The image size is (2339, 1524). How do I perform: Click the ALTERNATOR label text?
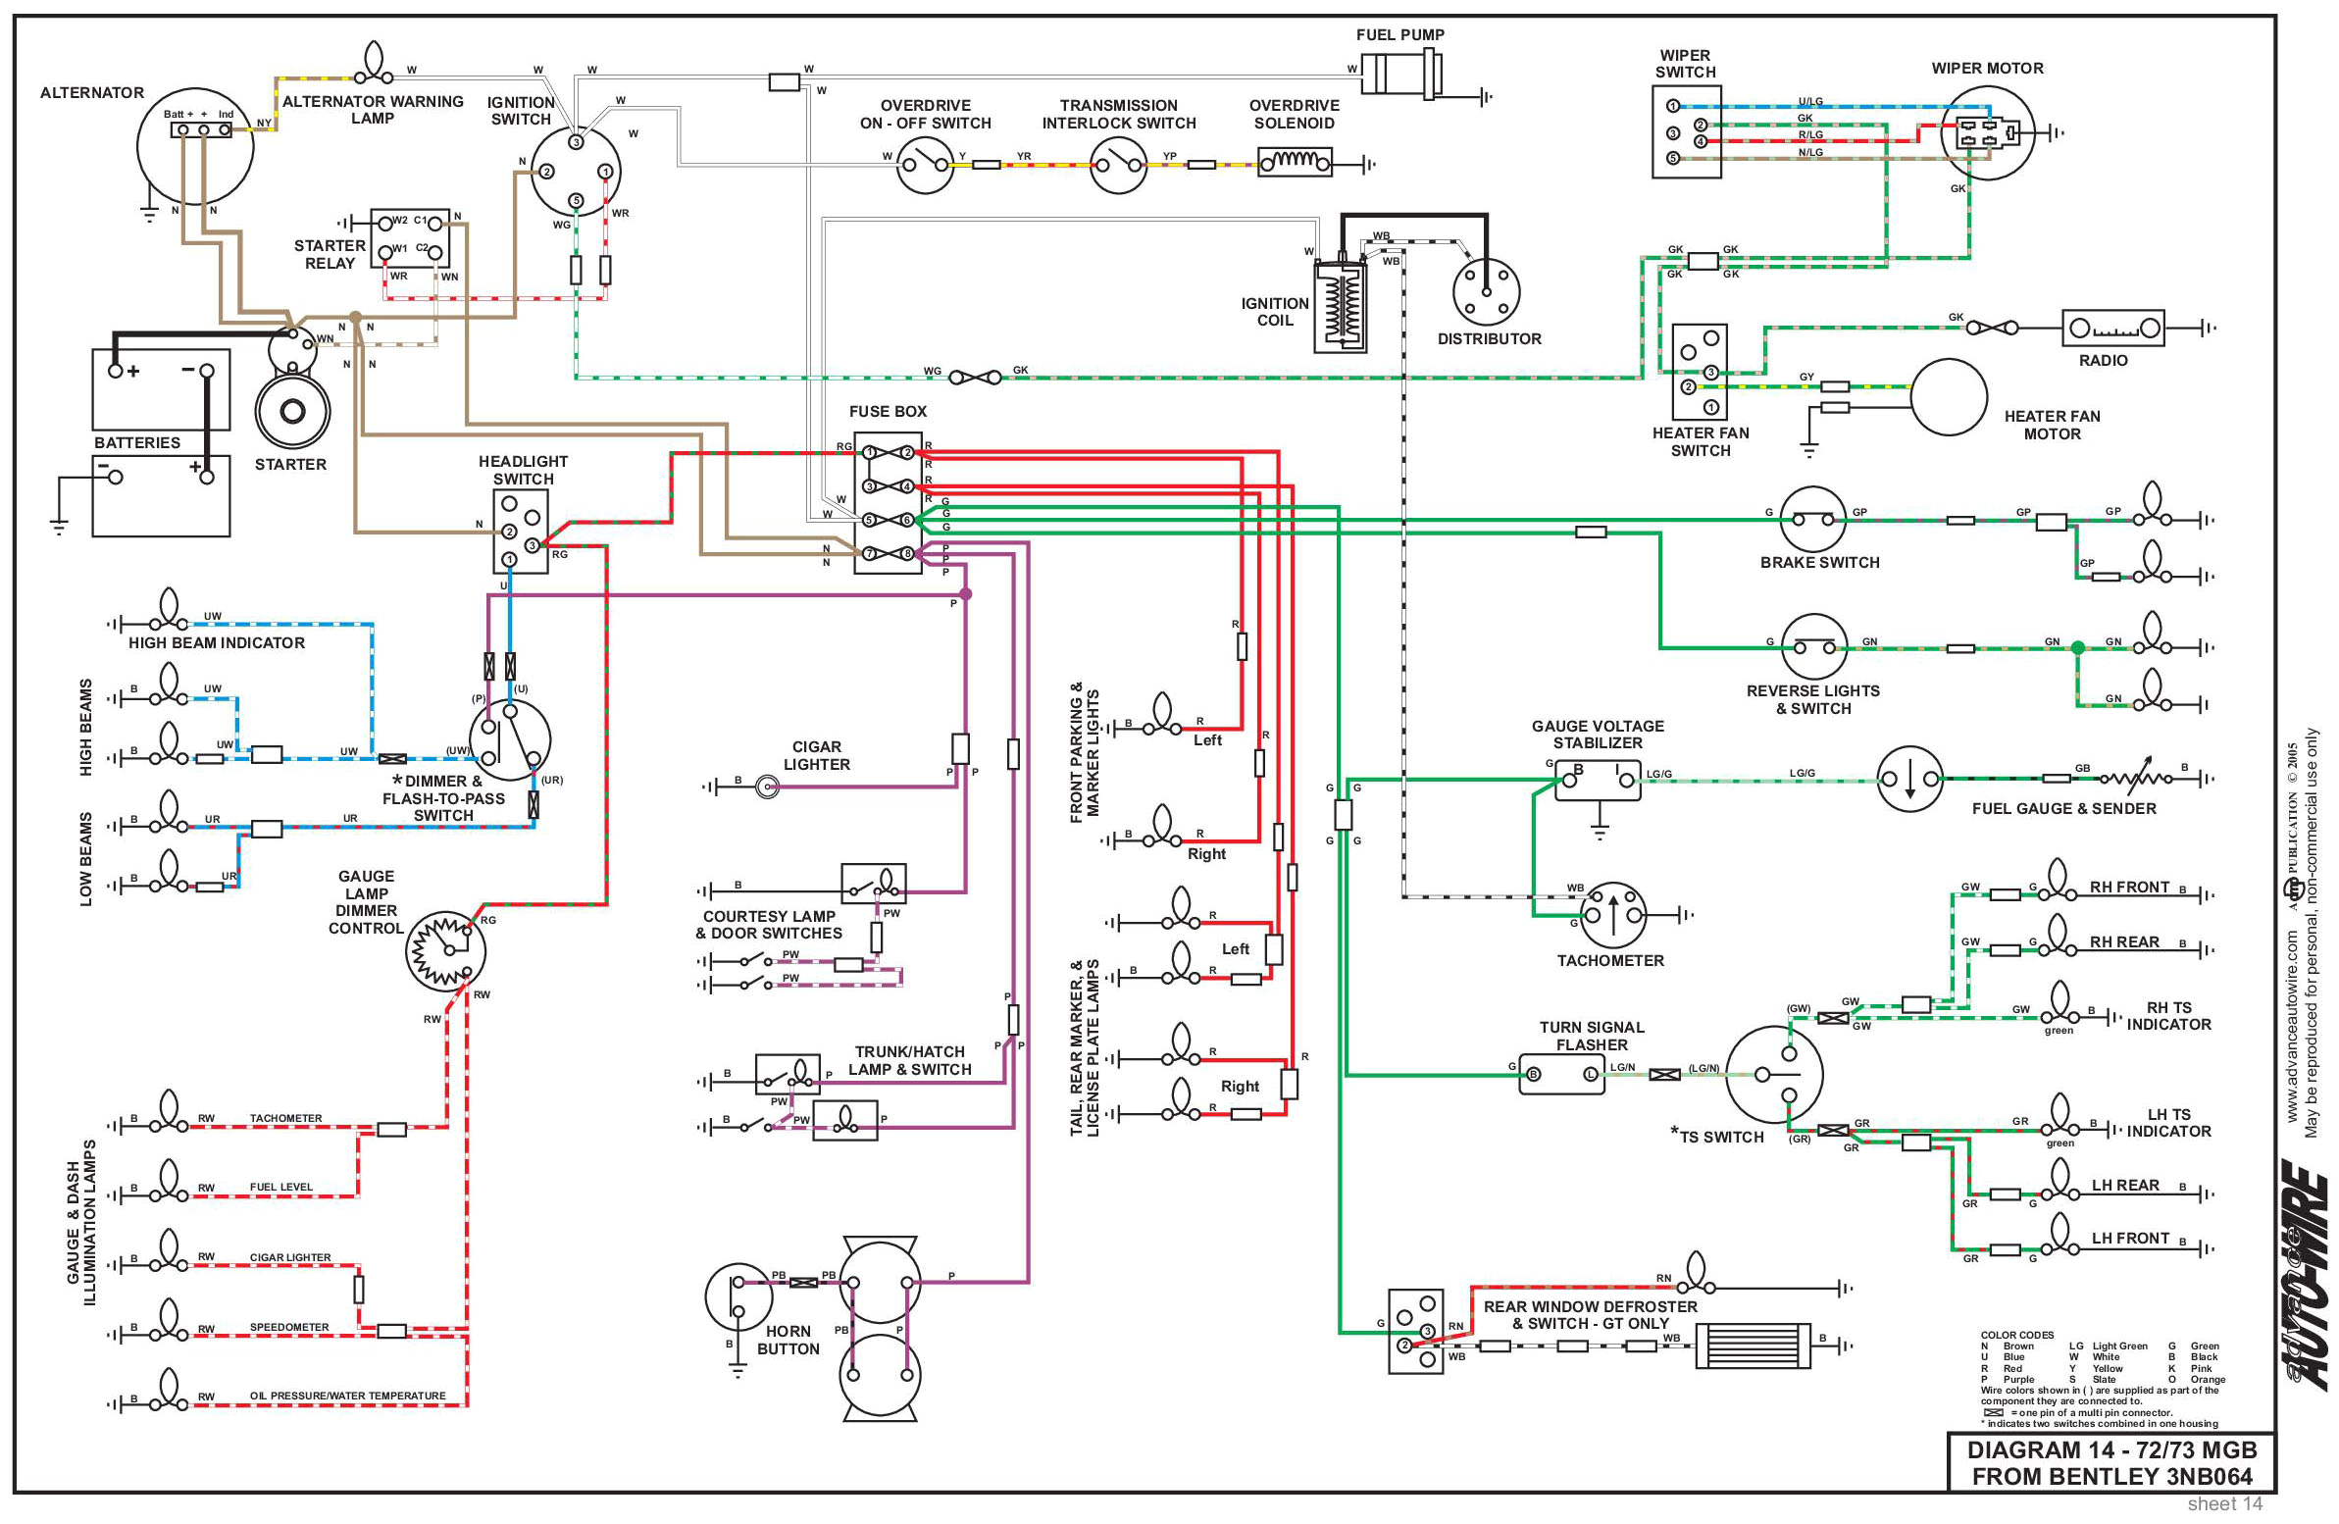(91, 92)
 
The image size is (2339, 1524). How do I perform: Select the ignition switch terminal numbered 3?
(576, 141)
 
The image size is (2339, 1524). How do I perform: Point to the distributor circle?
(1486, 292)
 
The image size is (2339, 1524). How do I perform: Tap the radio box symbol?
(2112, 329)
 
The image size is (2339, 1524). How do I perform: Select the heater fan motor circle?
(1949, 397)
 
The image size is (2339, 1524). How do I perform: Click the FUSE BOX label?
(888, 412)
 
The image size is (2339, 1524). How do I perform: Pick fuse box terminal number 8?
(907, 553)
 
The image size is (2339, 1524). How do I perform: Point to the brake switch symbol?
(1812, 519)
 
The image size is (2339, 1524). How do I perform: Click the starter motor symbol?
(292, 410)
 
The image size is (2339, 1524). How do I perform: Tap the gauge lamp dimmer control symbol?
(446, 949)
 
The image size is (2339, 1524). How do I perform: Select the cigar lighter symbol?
(768, 787)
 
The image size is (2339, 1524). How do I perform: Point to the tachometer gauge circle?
(1612, 915)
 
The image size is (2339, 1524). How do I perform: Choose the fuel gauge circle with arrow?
(1909, 780)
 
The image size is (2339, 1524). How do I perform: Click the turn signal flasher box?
(1562, 1074)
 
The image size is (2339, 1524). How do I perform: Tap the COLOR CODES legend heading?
(2016, 1336)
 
